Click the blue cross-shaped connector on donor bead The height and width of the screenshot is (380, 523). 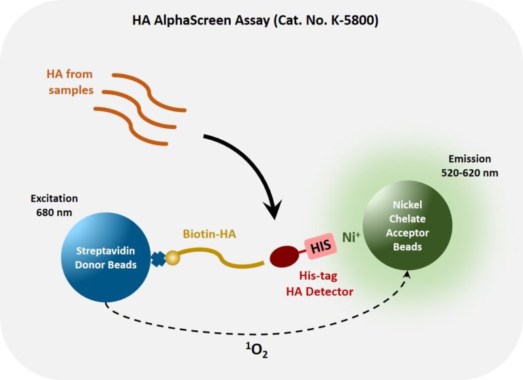tap(158, 260)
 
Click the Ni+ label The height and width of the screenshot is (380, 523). tap(353, 238)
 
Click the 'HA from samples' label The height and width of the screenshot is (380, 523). tap(69, 81)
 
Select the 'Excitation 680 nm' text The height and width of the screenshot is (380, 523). tap(54, 205)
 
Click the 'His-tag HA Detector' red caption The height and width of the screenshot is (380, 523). tap(320, 285)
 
